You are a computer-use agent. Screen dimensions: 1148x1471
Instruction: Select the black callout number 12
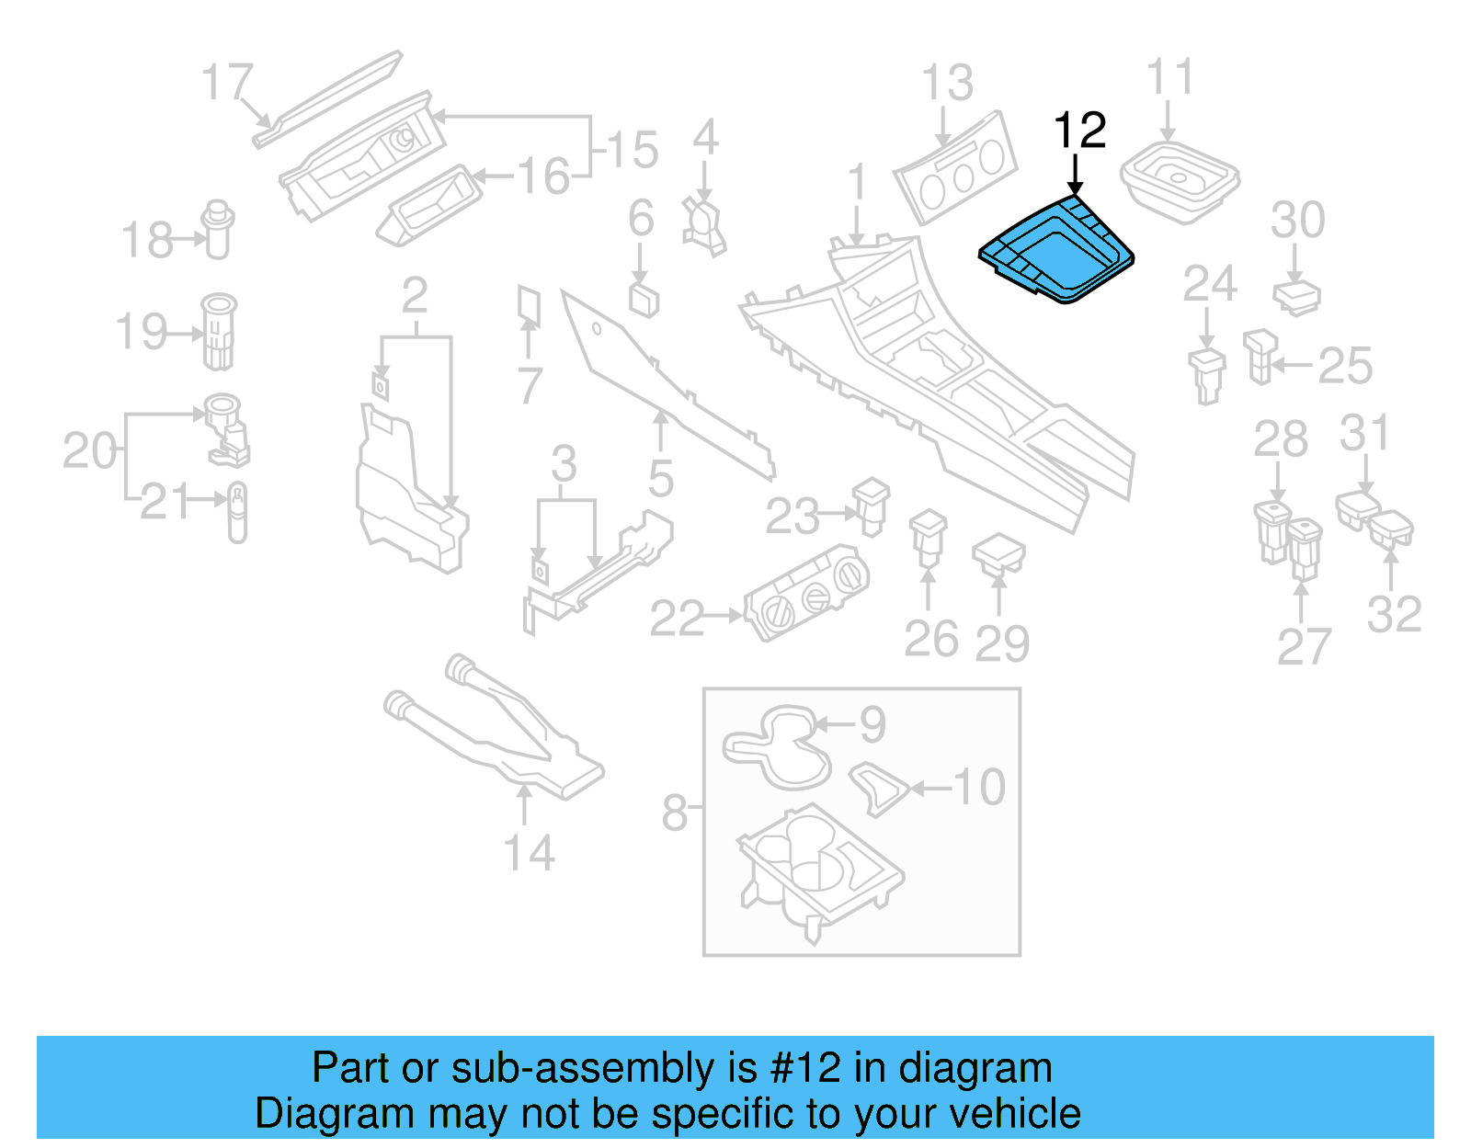[1079, 131]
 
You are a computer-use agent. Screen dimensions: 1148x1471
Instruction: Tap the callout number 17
[226, 83]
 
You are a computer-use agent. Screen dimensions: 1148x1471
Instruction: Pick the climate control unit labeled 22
[805, 593]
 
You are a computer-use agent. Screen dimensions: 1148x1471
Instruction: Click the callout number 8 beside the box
[674, 813]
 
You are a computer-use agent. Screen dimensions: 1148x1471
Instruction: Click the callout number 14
[529, 853]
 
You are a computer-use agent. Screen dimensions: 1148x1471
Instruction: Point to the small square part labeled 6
[644, 299]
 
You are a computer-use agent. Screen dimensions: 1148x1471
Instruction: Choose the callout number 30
[1297, 220]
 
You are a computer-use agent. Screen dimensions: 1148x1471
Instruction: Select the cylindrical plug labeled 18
[218, 229]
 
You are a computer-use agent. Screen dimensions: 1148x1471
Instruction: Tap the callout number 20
[89, 450]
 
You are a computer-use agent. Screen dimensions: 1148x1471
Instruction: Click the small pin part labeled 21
[237, 511]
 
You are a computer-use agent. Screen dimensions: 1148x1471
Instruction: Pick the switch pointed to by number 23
[871, 505]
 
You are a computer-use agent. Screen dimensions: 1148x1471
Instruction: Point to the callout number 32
[1394, 614]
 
